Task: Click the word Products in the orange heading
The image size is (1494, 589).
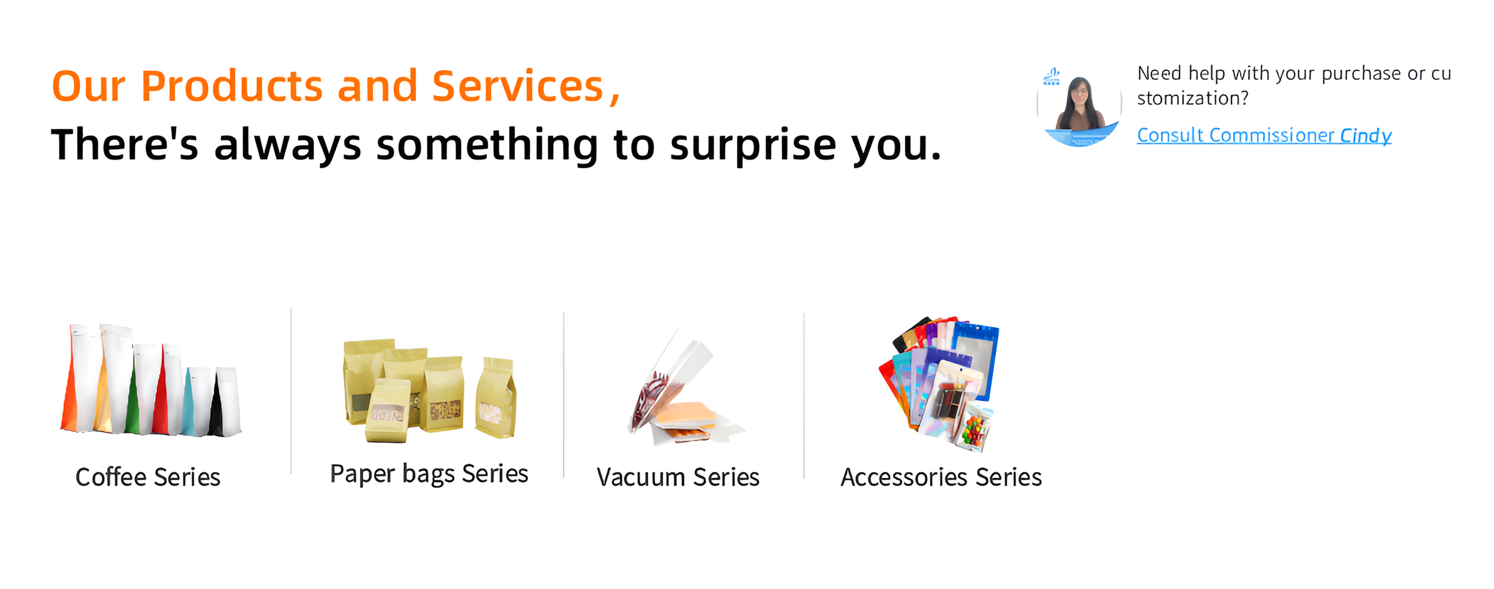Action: (x=232, y=86)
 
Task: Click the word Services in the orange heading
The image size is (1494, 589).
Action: (x=518, y=86)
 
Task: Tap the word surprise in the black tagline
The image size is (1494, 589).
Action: (x=753, y=146)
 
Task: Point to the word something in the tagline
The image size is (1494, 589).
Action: (x=487, y=146)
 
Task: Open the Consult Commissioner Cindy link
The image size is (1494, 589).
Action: (x=1265, y=136)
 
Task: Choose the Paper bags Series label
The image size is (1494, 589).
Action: (x=429, y=474)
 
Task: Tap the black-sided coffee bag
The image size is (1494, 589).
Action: (x=226, y=401)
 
